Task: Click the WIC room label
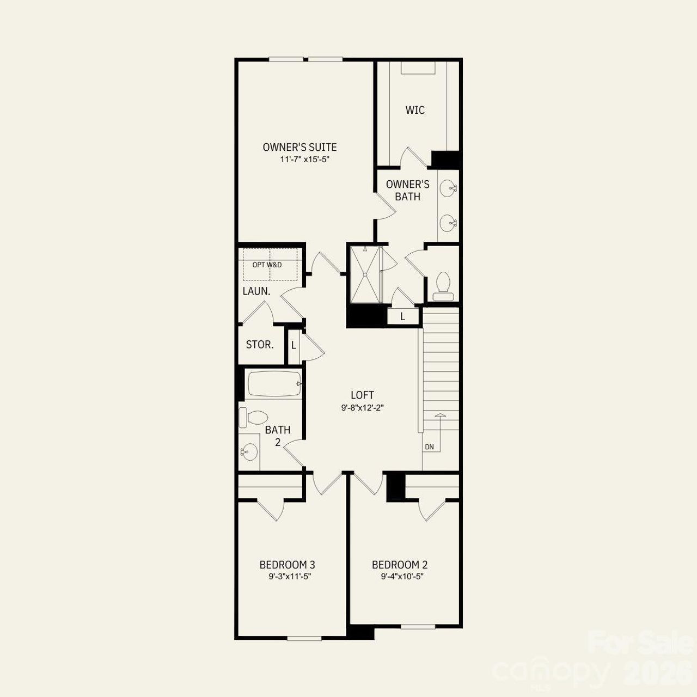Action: pos(415,110)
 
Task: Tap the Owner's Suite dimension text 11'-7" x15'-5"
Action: pos(305,160)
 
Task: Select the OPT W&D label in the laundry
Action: pos(267,265)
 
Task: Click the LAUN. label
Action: pos(256,291)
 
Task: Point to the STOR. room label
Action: pos(260,345)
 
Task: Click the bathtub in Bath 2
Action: pos(274,384)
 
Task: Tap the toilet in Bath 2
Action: pos(252,418)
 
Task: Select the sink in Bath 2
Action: pos(249,451)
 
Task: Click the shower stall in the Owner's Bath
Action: pos(366,274)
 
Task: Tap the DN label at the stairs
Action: pos(430,447)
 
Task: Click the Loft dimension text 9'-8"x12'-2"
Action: pos(363,407)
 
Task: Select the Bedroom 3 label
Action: pos(287,565)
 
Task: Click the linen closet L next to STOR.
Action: pos(294,345)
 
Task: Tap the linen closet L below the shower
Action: pos(403,316)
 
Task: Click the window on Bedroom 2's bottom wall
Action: pos(418,626)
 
